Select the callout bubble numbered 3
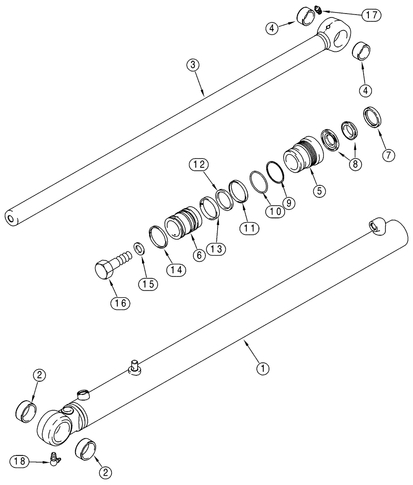coord(193,65)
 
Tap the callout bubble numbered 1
coord(262,369)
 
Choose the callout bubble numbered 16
coord(120,303)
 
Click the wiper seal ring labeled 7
coord(372,117)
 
